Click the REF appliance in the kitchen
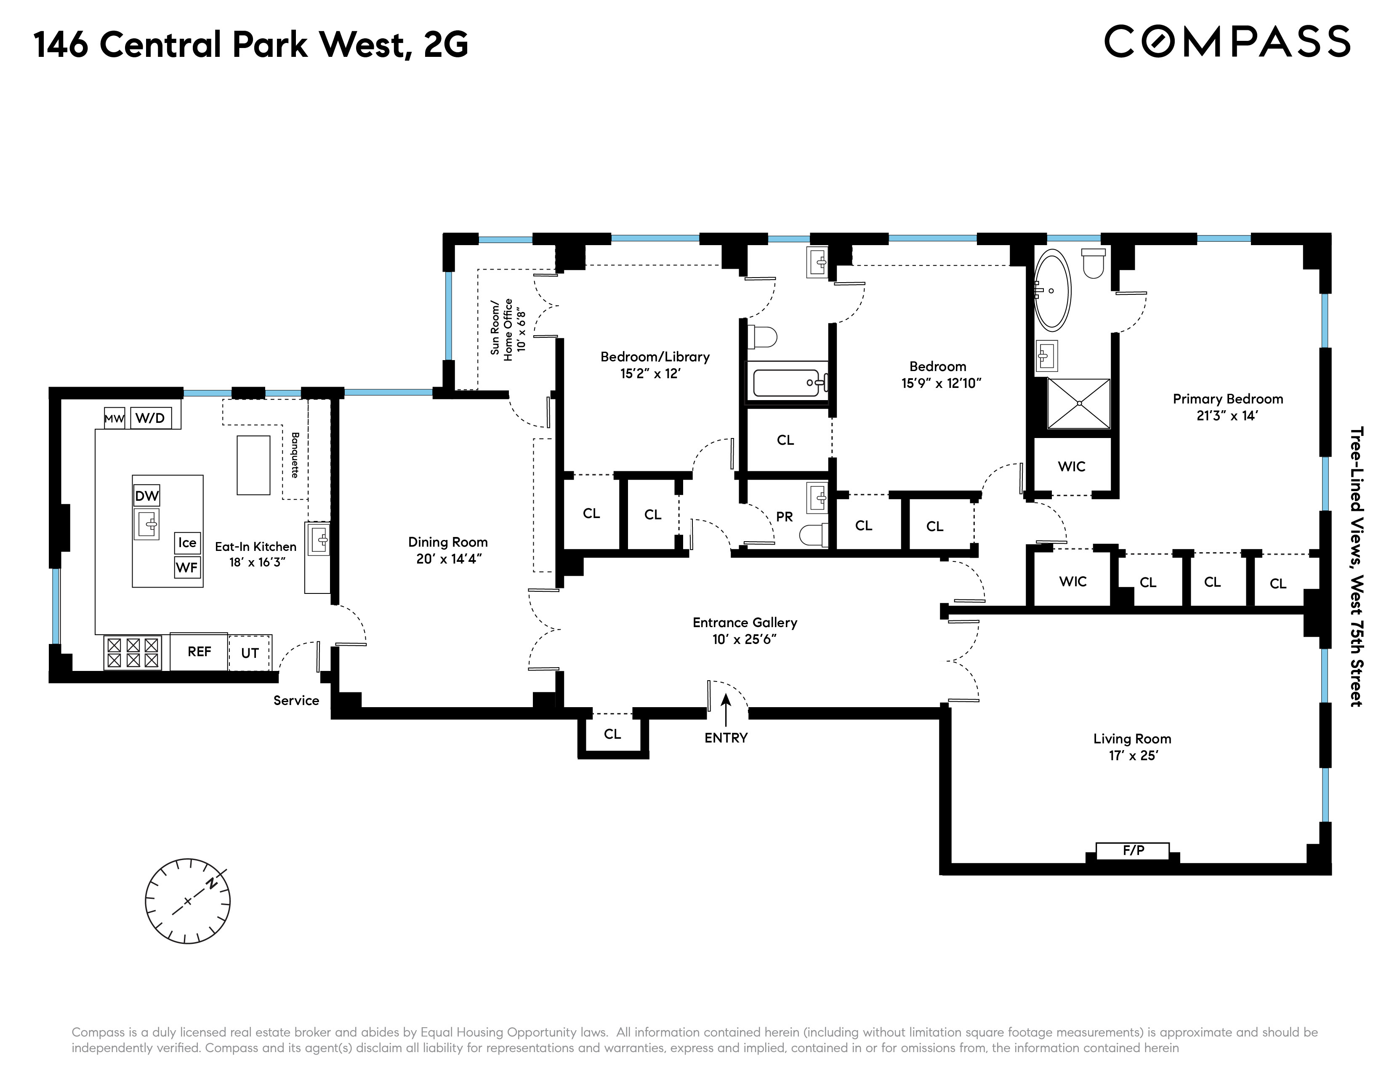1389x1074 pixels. (x=199, y=652)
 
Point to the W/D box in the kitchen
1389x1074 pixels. (x=151, y=418)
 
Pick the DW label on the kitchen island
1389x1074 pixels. (x=146, y=496)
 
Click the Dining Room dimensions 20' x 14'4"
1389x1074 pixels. (x=448, y=559)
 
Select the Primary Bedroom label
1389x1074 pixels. (x=1227, y=399)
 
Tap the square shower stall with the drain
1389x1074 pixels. (x=1079, y=403)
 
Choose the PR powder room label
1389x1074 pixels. (x=784, y=517)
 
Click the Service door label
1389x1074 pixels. (x=296, y=700)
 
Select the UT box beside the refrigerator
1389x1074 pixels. (x=250, y=653)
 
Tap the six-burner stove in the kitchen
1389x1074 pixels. (x=133, y=653)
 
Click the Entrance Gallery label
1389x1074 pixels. (x=744, y=623)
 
